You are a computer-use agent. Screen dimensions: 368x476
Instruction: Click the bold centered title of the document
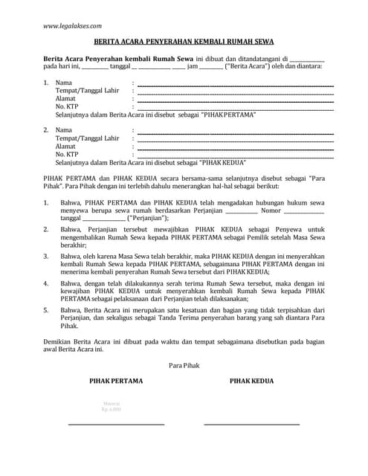183,44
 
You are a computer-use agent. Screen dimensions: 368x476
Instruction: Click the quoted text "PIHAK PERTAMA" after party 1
228,115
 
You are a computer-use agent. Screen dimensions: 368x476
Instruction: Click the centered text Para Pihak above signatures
184,364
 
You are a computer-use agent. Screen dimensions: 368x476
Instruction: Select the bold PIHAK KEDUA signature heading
251,382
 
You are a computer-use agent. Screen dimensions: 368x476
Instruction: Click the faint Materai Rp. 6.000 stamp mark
111,407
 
